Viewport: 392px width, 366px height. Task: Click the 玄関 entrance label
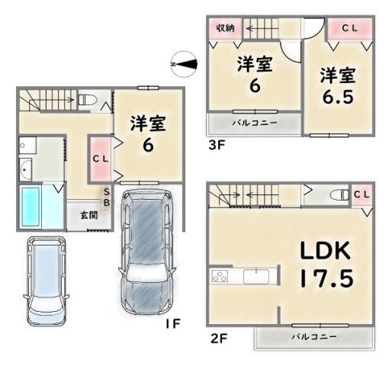click(x=89, y=216)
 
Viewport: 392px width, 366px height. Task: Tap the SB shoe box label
click(x=107, y=197)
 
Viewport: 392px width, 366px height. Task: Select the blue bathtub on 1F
click(x=31, y=207)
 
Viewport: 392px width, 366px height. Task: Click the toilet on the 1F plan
click(x=87, y=100)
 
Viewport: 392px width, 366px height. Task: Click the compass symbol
click(x=185, y=64)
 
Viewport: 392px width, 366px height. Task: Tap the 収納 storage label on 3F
click(x=225, y=28)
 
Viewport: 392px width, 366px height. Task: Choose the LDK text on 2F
click(x=326, y=251)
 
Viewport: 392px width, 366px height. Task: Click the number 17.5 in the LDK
click(x=327, y=278)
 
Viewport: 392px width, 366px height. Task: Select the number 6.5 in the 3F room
click(x=338, y=97)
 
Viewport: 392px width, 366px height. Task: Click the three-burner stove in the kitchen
click(x=220, y=276)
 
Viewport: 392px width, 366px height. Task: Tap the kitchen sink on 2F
click(x=256, y=276)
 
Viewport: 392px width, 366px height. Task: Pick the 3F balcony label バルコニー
click(x=255, y=124)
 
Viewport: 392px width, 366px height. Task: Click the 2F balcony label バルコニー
click(x=314, y=337)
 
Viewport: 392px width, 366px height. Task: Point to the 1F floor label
click(x=173, y=323)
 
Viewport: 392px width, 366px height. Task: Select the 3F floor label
click(x=217, y=145)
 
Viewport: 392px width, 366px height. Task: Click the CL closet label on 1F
click(x=101, y=159)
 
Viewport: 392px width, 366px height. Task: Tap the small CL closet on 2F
click(x=361, y=195)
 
